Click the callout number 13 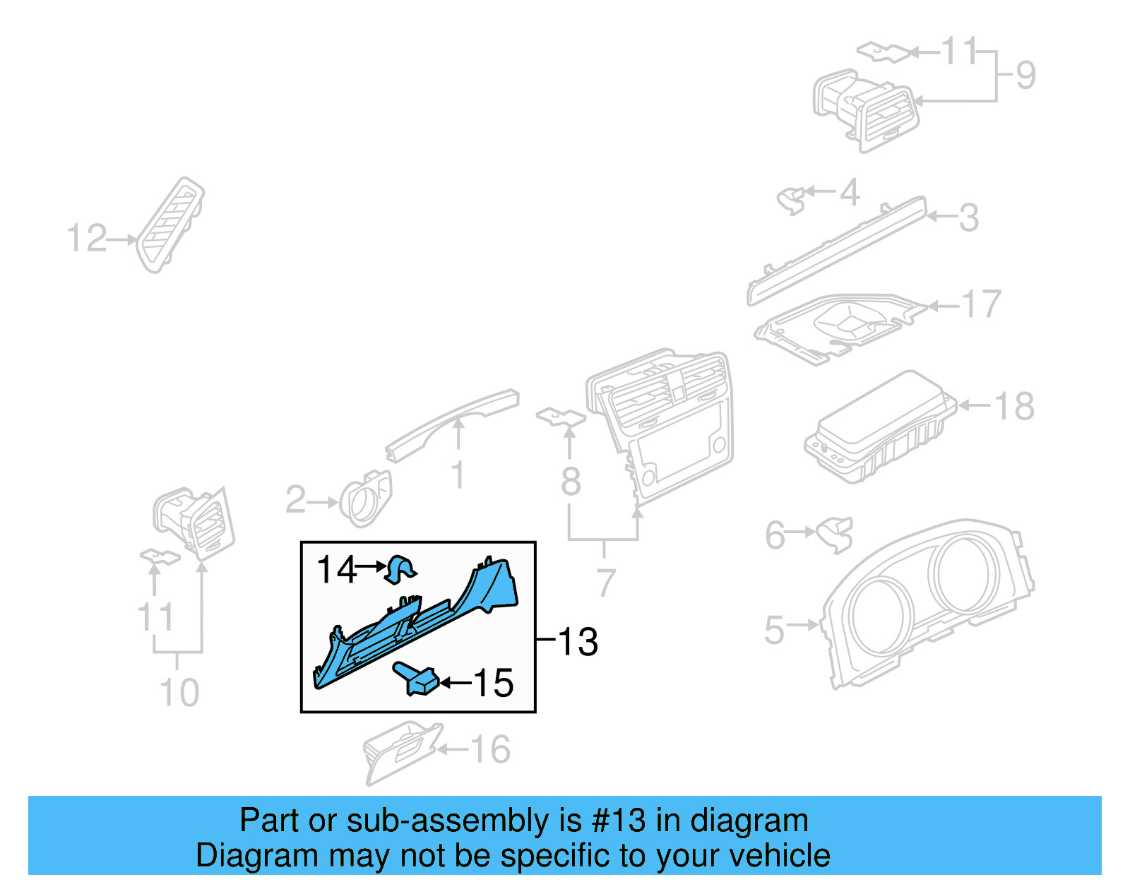[x=578, y=642]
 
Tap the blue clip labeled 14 [x=400, y=569]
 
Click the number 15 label [x=492, y=683]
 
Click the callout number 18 [x=1014, y=406]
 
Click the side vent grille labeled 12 [x=170, y=226]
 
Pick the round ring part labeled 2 [x=365, y=499]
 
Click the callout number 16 [x=490, y=749]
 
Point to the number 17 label [x=982, y=304]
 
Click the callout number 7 [x=605, y=583]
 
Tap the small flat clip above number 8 [x=561, y=417]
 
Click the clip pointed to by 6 [x=835, y=534]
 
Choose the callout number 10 [x=179, y=692]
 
